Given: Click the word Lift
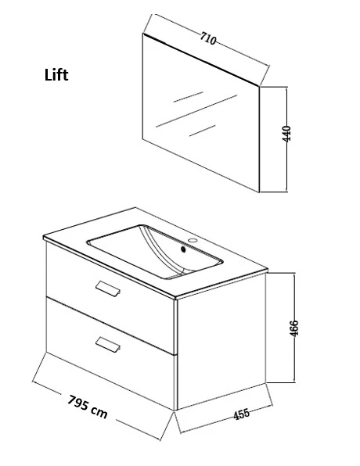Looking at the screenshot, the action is (56, 75).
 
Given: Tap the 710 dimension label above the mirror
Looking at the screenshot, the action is (208, 38).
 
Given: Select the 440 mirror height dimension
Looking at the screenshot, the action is (286, 134).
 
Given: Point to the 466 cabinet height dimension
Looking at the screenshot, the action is (294, 328).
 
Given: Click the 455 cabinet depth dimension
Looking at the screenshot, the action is (241, 414).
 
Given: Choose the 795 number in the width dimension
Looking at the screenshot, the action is (78, 403).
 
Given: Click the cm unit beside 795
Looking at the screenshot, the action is (99, 412).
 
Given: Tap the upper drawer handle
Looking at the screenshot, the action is (108, 289).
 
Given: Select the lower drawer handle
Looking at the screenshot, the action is (108, 345).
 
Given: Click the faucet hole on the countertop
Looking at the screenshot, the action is (193, 240).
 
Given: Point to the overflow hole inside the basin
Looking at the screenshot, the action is (184, 249).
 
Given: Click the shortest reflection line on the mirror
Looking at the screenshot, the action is (203, 131).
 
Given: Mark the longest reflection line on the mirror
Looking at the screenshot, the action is (196, 111).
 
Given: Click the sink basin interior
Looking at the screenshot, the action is (155, 252).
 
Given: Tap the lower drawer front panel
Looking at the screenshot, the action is (110, 353).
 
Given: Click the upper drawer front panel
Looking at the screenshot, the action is (110, 297).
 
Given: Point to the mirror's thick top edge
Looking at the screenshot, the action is (201, 59).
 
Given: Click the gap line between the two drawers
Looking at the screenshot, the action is (110, 326).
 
